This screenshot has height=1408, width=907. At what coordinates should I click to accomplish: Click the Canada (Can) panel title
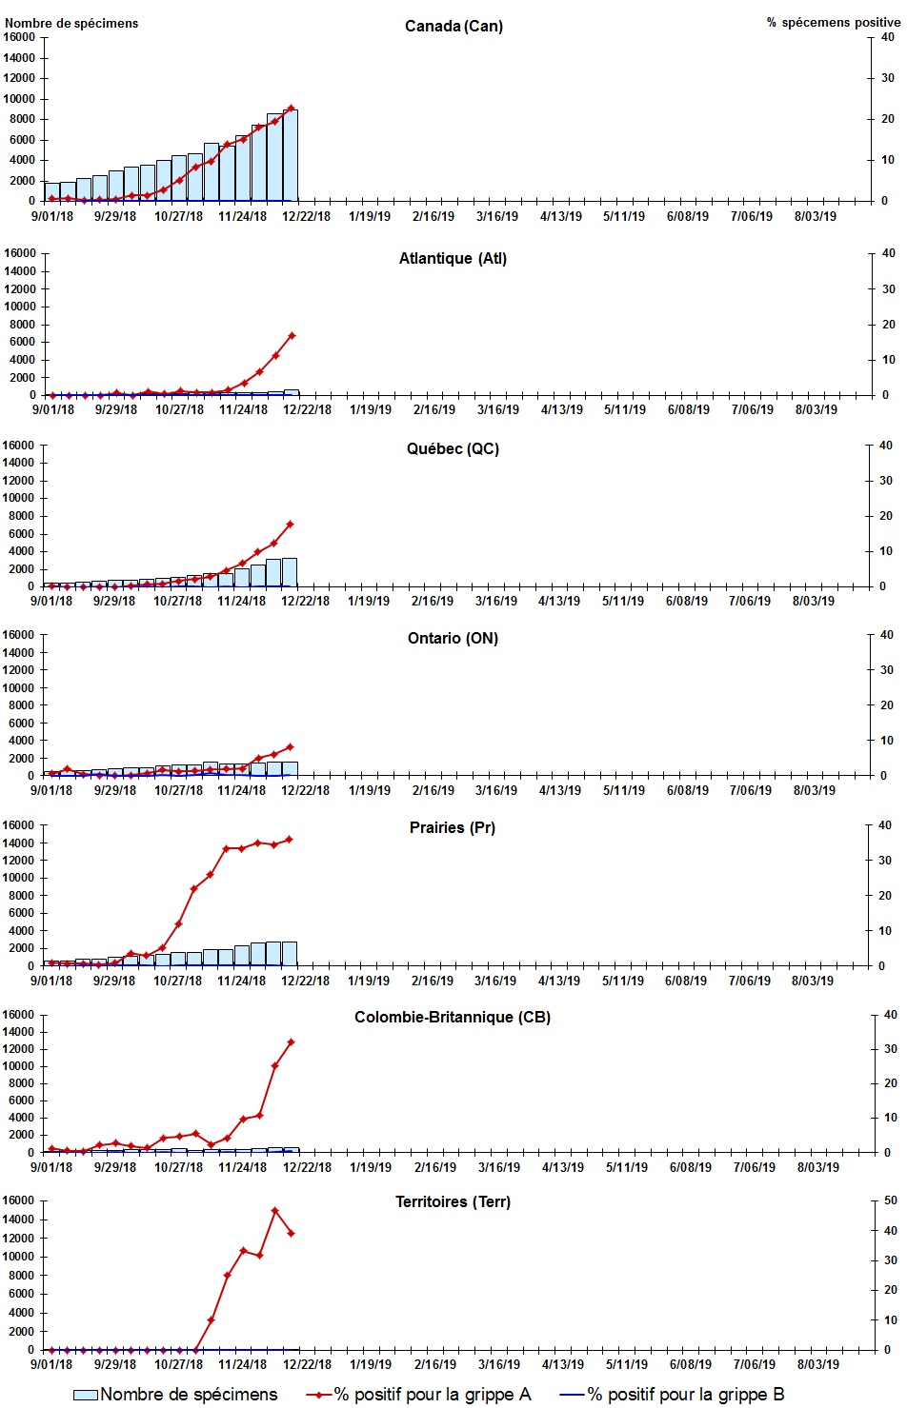click(x=453, y=26)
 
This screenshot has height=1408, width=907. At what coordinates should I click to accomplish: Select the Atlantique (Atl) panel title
click(x=453, y=258)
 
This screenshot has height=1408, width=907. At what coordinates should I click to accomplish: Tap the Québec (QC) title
click(x=453, y=448)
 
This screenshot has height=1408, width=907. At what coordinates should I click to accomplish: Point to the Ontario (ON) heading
click(x=453, y=638)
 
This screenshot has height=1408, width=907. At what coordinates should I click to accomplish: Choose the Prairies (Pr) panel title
click(x=453, y=827)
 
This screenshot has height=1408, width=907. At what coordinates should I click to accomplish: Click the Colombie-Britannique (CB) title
click(x=453, y=1017)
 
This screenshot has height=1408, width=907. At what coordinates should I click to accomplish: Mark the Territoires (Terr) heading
click(x=453, y=1201)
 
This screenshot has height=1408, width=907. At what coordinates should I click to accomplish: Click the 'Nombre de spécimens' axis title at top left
click(x=71, y=23)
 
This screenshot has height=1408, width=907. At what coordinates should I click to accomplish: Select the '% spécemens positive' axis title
click(x=833, y=22)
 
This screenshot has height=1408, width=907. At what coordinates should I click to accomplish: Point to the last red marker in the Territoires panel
click(x=291, y=1234)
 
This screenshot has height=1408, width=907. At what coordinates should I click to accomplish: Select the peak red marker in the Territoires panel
click(x=274, y=1211)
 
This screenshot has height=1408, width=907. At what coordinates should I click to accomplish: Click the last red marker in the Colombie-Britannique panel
click(x=291, y=1041)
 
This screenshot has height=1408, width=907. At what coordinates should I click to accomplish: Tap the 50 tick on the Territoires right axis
click(x=890, y=1200)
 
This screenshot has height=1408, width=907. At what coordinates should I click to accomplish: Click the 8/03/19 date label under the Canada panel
click(x=815, y=216)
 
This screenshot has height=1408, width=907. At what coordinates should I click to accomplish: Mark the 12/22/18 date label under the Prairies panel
click(x=305, y=981)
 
